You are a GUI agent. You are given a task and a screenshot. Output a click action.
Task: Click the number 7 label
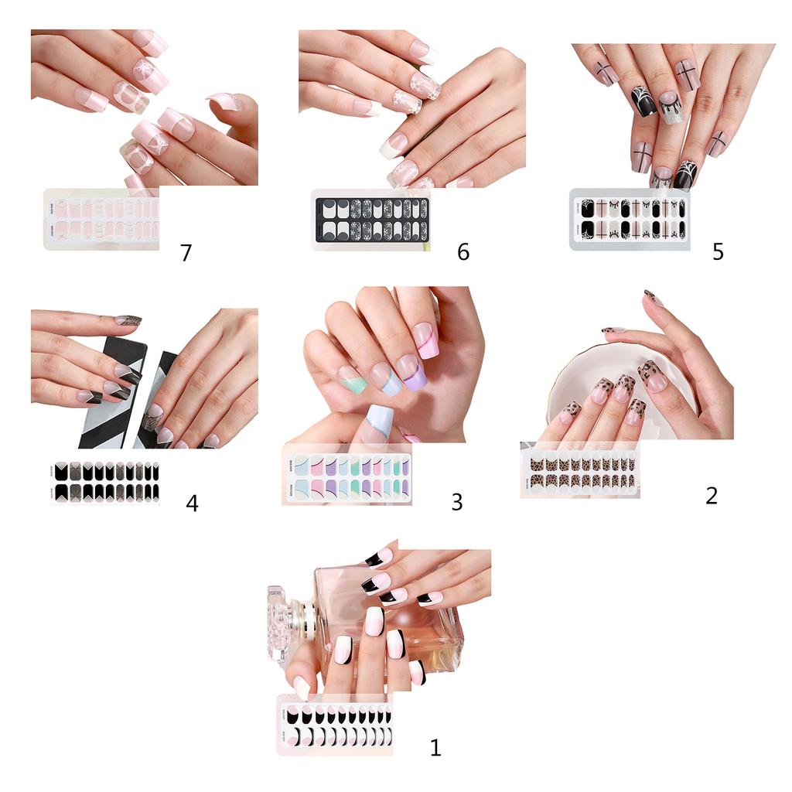[x=186, y=253]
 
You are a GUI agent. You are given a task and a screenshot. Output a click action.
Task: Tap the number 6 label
[x=463, y=252]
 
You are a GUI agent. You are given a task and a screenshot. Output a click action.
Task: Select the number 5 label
[x=718, y=252]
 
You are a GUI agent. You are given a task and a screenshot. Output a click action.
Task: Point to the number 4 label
[x=192, y=503]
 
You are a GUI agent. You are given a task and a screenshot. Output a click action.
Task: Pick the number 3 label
[x=457, y=502]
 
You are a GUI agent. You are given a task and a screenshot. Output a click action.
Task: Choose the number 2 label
[x=712, y=495]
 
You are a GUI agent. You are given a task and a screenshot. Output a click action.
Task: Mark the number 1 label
[x=435, y=747]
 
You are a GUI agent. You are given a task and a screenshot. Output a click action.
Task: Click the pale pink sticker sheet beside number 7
[x=102, y=219]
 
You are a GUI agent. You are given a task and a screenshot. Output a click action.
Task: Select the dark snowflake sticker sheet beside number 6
[x=370, y=220]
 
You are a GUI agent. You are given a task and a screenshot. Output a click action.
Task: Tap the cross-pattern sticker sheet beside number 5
[x=630, y=219]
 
